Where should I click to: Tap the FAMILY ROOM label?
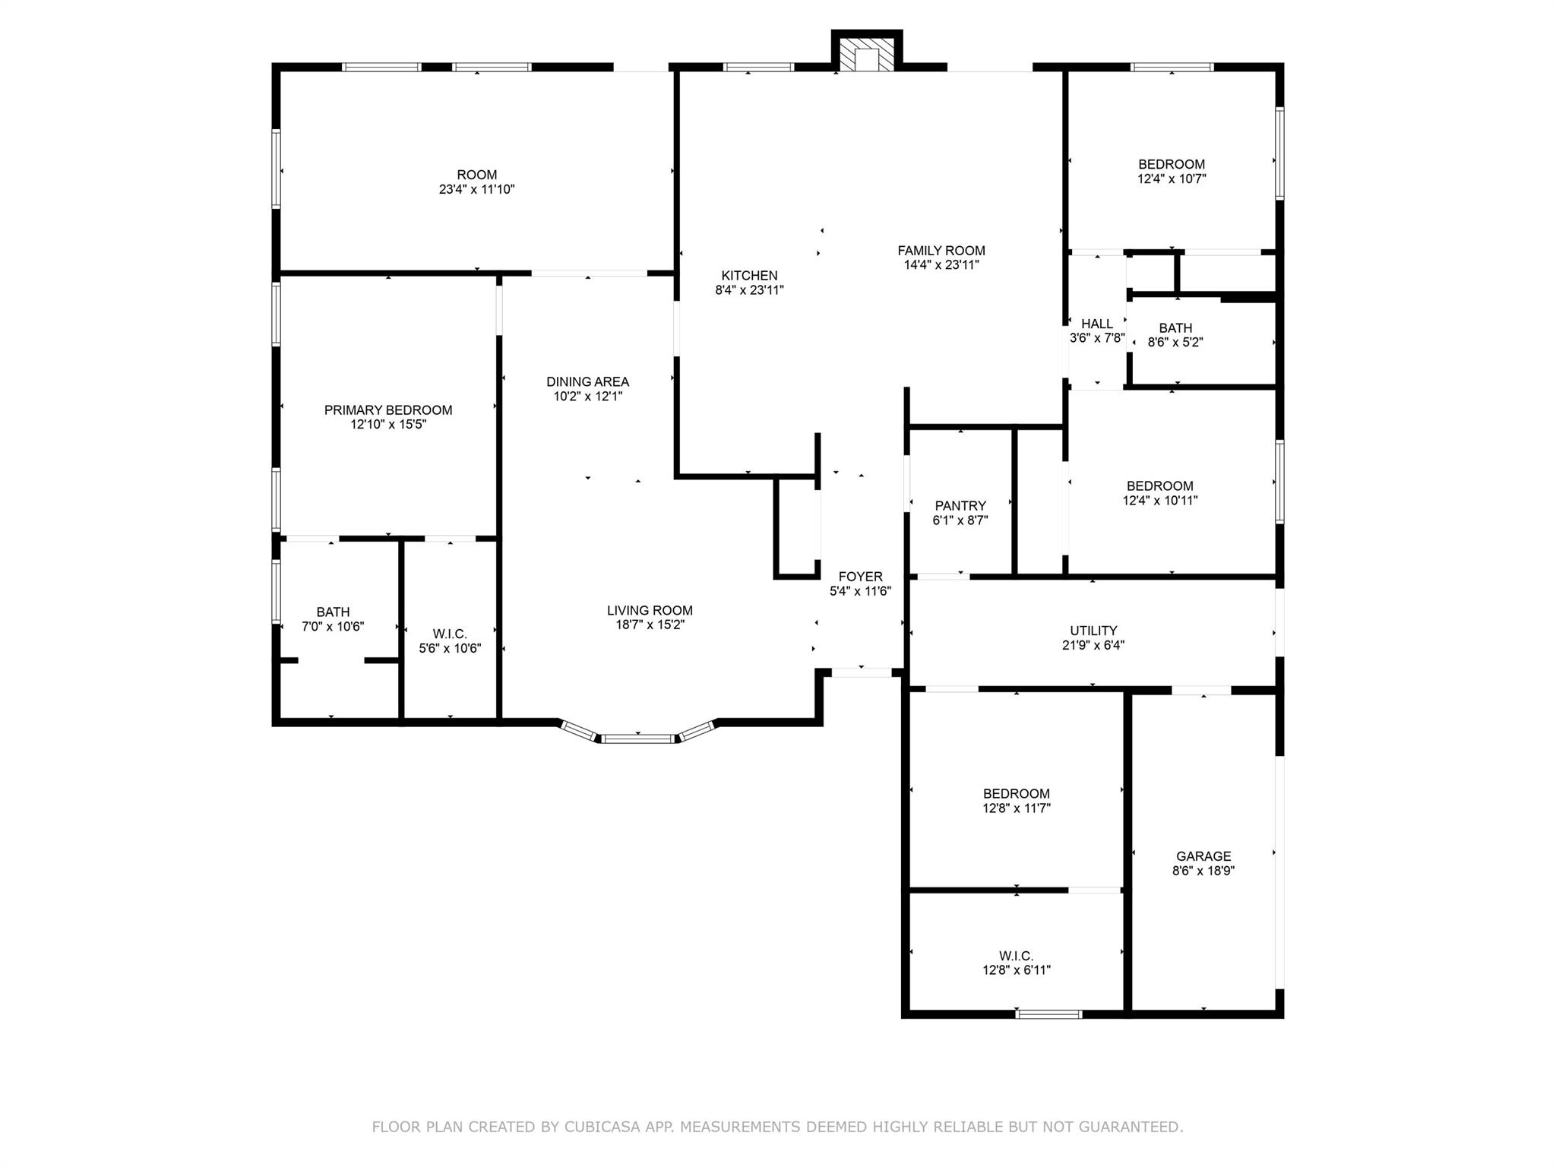pos(941,251)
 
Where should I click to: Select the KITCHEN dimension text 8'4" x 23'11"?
pos(749,290)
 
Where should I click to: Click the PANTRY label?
pos(960,506)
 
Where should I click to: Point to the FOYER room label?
pos(860,577)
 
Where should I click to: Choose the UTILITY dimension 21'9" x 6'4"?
pos(1093,646)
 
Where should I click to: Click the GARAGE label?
pos(1203,856)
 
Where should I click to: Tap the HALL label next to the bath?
pos(1096,324)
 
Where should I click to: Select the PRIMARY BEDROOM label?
pos(387,410)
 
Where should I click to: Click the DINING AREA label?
pos(587,382)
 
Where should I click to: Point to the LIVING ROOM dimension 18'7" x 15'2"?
pos(650,625)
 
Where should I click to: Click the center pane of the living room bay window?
pos(638,738)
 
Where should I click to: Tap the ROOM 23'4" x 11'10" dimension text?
pos(476,190)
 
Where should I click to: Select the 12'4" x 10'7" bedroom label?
pos(1171,165)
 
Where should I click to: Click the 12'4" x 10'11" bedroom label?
pos(1159,486)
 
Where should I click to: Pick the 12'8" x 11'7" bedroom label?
pos(1016,794)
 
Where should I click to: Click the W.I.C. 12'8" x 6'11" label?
pos(1016,957)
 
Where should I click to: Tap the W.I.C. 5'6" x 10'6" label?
pos(450,634)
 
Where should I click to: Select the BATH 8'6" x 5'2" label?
pos(1175,328)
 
